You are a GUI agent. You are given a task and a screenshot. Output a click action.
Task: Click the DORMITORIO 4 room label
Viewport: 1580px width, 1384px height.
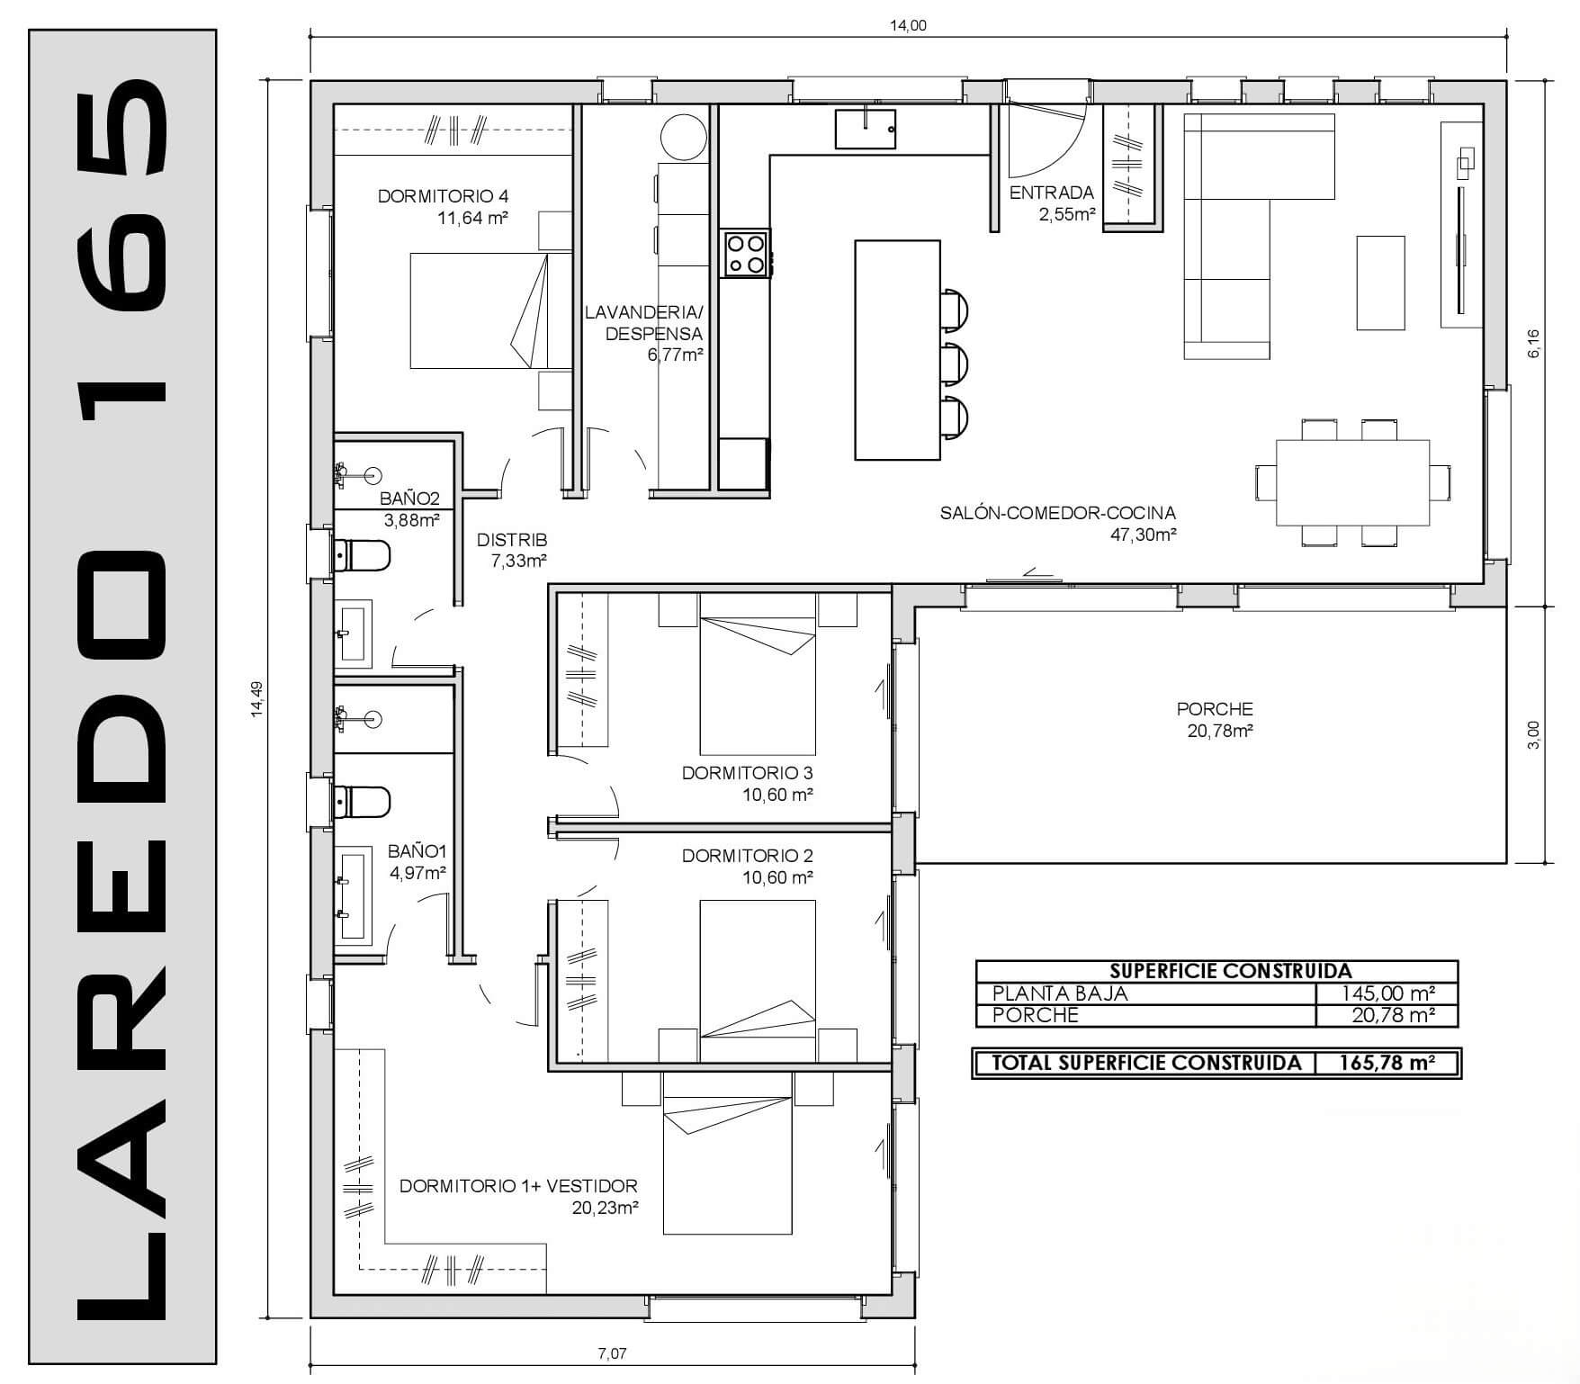click(x=443, y=196)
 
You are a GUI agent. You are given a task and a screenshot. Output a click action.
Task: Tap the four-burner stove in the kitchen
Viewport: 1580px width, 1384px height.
click(x=746, y=253)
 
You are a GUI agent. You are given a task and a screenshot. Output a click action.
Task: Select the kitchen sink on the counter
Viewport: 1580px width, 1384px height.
click(x=865, y=129)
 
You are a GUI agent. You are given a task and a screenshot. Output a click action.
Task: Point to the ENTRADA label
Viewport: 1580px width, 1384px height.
click(x=1051, y=193)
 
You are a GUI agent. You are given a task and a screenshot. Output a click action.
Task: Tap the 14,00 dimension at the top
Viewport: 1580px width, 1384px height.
click(x=907, y=25)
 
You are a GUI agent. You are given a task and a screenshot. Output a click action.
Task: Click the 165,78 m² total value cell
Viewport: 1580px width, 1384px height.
click(x=1386, y=1063)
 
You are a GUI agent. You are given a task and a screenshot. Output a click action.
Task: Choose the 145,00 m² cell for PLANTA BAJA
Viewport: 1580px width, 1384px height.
click(x=1386, y=993)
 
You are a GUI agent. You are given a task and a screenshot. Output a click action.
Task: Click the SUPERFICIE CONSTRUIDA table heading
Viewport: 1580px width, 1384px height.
click(x=1230, y=971)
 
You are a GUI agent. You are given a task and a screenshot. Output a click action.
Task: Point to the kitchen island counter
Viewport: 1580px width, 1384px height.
click(x=897, y=350)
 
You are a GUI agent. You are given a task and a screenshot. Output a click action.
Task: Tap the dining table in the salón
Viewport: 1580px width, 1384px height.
click(x=1352, y=482)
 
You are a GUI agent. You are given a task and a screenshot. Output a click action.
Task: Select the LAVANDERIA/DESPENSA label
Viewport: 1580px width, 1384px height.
click(x=642, y=323)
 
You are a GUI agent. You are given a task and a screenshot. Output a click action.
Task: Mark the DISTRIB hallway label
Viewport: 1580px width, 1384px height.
click(x=511, y=540)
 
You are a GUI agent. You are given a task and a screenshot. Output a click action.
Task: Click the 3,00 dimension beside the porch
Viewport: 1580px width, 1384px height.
click(x=1535, y=734)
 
